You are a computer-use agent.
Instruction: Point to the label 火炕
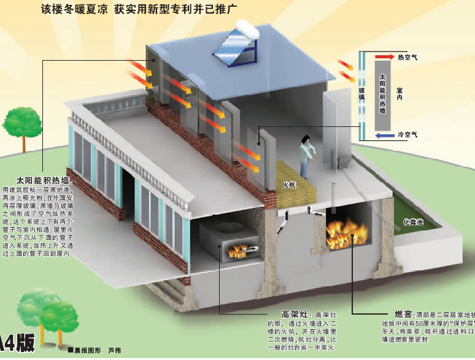click(289, 184)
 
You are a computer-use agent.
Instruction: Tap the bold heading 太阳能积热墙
click(44, 181)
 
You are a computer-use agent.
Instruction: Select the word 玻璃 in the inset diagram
click(361, 94)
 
